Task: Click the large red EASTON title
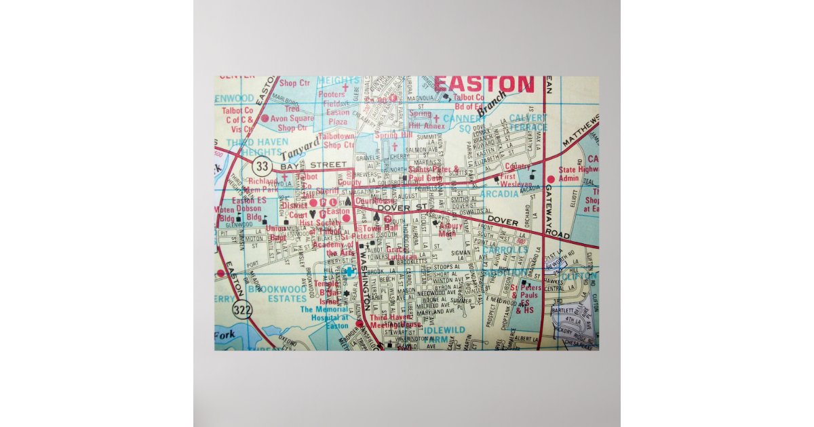484,85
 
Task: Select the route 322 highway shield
240,309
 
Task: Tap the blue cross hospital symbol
349,271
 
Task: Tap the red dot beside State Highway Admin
551,179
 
